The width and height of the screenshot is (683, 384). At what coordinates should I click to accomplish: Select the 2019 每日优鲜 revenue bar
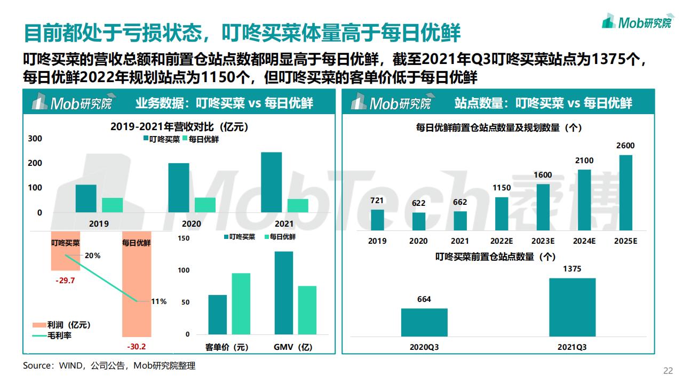coord(112,205)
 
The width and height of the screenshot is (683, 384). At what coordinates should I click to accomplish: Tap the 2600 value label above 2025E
coord(625,146)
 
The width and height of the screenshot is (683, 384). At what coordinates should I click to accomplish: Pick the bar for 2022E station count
coord(502,213)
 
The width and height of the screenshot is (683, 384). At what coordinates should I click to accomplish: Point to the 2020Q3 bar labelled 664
coord(424,322)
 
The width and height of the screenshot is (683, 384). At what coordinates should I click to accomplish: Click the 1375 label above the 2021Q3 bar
coord(572,269)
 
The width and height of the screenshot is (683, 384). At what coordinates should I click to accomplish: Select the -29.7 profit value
coord(65,281)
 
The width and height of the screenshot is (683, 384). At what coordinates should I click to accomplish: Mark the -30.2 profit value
coord(136,347)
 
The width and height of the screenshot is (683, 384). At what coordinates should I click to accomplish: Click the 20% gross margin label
coord(92,255)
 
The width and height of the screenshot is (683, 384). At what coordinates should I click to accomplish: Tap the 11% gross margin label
coord(158,301)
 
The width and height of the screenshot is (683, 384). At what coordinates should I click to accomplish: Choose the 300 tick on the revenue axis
coord(35,139)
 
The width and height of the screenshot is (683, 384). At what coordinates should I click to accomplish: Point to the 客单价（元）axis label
coord(227,347)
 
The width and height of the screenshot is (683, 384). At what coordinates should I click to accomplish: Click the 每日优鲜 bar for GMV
coord(307,310)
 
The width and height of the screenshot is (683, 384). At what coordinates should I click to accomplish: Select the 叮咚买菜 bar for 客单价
coord(217,314)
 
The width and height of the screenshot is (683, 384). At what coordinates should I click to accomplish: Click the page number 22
coord(668,371)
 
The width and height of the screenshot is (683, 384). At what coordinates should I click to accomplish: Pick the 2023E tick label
coord(543,241)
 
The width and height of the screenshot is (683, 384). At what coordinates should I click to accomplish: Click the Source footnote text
coord(109,366)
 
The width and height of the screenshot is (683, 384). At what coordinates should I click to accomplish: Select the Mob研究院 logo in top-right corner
coord(636,22)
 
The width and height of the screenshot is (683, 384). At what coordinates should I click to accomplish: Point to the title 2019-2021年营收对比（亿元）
coord(179,127)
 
